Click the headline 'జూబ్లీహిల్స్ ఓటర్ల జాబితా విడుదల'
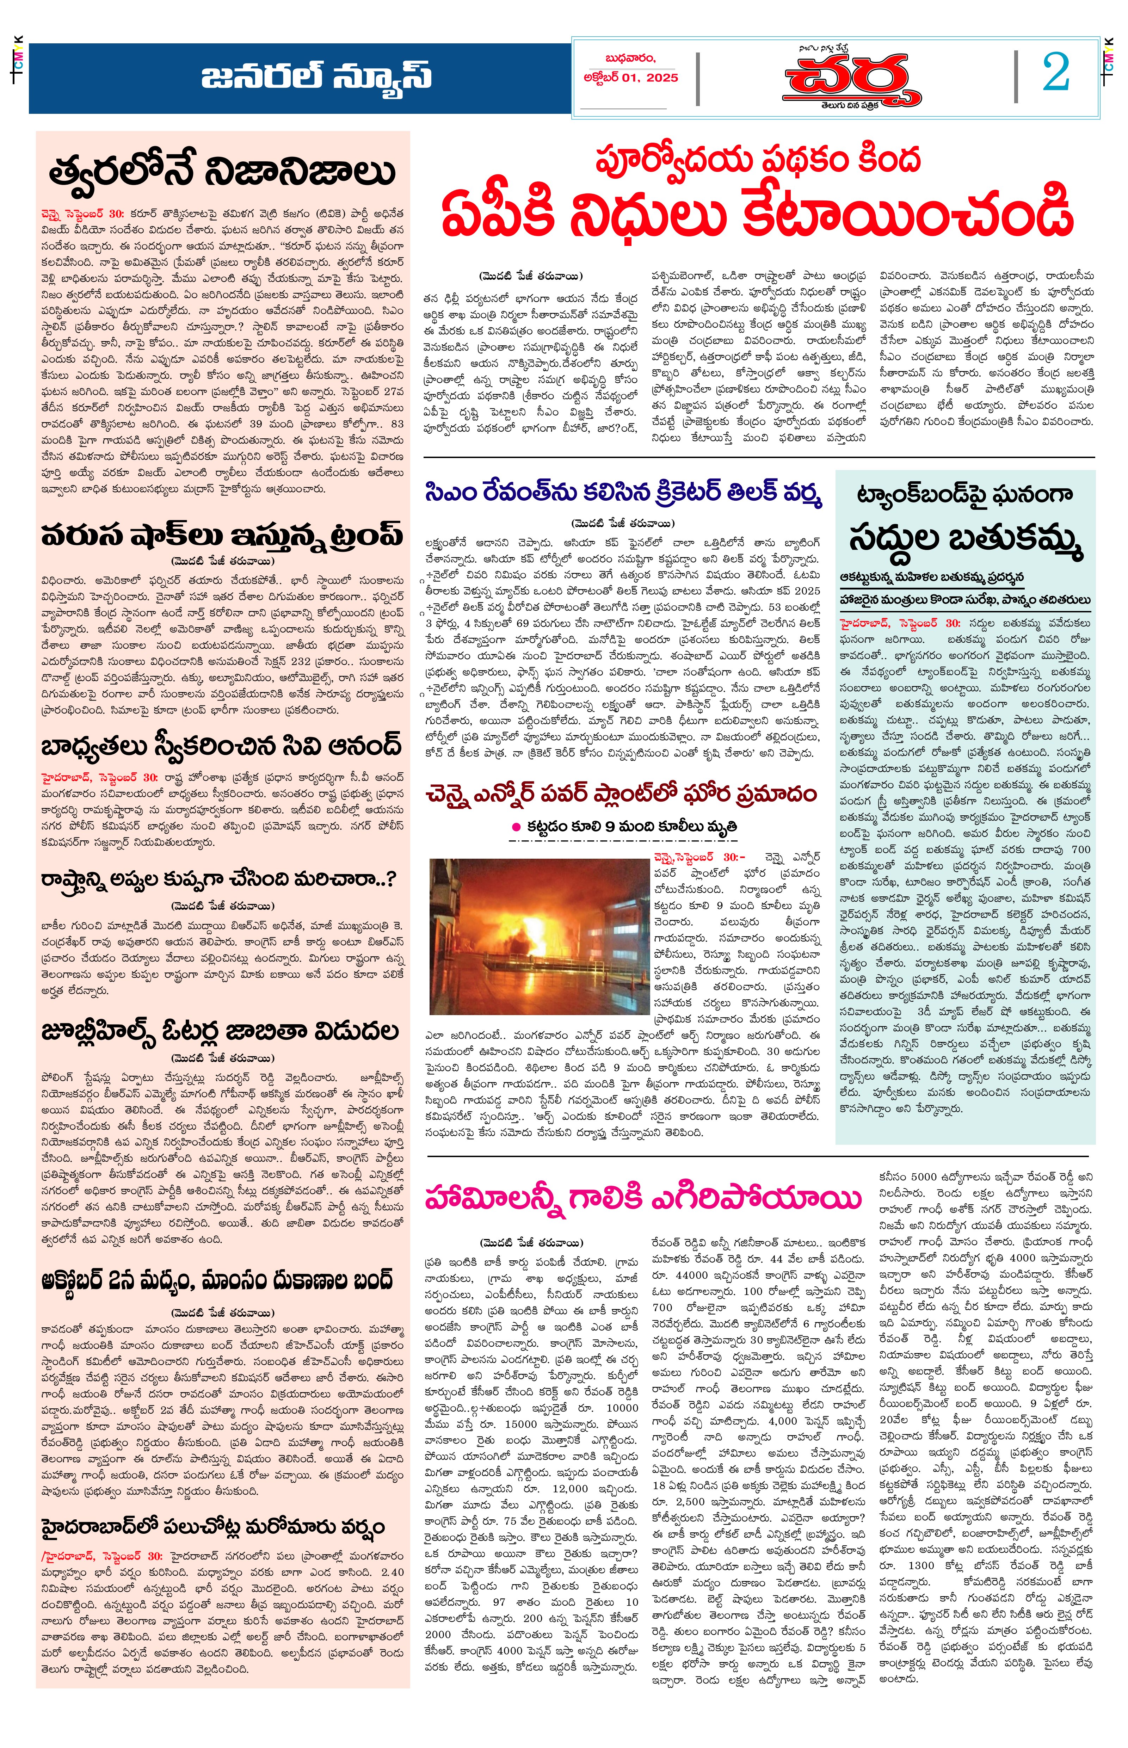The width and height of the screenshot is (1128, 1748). [x=220, y=1031]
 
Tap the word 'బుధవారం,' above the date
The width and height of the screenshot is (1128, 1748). [x=630, y=58]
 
